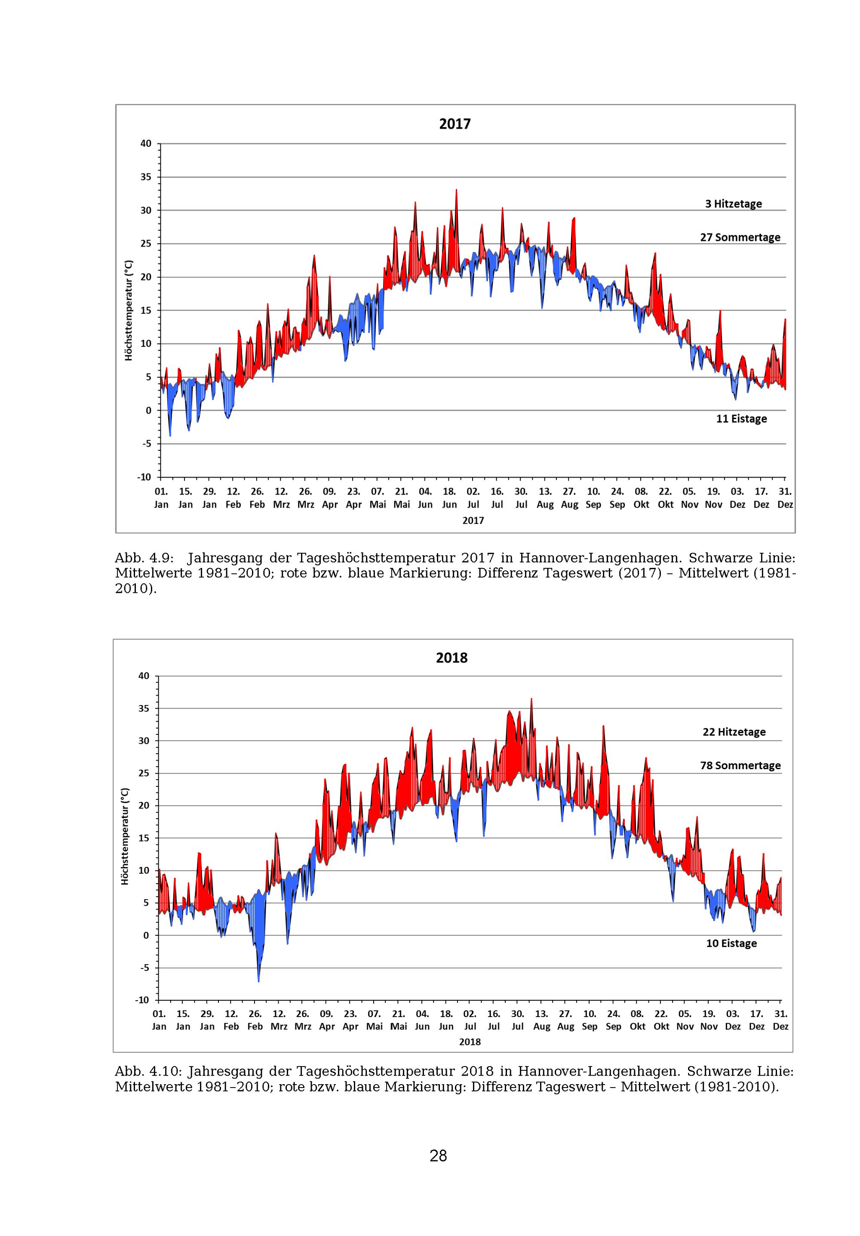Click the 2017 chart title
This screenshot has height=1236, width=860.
pyautogui.click(x=454, y=124)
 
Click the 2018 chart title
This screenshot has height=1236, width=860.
pyautogui.click(x=451, y=658)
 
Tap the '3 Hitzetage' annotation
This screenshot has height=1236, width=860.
pyautogui.click(x=733, y=204)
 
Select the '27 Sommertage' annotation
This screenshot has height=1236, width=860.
pyautogui.click(x=740, y=237)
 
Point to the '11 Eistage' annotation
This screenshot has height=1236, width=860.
pyautogui.click(x=740, y=419)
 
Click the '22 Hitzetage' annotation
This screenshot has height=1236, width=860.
pyautogui.click(x=734, y=732)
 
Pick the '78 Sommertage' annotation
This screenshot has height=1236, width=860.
pyautogui.click(x=740, y=765)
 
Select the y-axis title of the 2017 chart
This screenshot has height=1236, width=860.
pyautogui.click(x=128, y=311)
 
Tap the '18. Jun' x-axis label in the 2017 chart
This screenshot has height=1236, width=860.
pyautogui.click(x=449, y=498)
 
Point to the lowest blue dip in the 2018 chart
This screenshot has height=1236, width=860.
pyautogui.click(x=258, y=981)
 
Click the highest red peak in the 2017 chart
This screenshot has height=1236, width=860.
pyautogui.click(x=456, y=191)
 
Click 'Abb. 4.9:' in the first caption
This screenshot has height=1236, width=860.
pyautogui.click(x=144, y=558)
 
